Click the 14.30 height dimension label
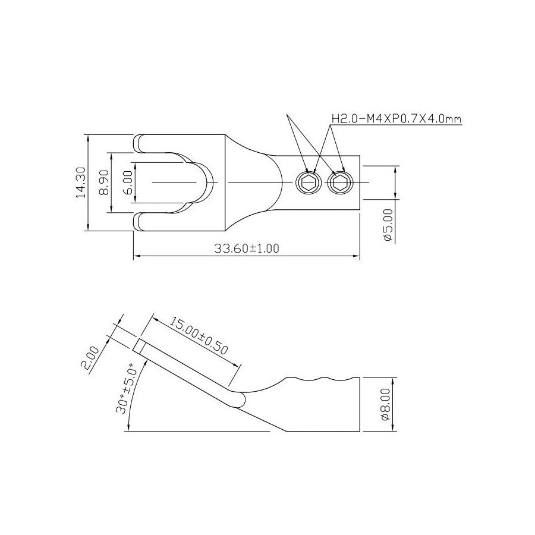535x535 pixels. pyautogui.click(x=82, y=182)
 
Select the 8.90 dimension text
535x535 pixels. pyautogui.click(x=104, y=182)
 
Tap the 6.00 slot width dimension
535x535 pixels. pyautogui.click(x=127, y=182)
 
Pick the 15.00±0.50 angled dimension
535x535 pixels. pyautogui.click(x=199, y=336)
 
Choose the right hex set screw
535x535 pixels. pyautogui.click(x=341, y=183)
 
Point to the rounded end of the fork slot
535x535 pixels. pyautogui.click(x=208, y=182)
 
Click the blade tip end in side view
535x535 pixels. pyautogui.click(x=139, y=346)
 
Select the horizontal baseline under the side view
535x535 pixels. pyautogui.click(x=202, y=431)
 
